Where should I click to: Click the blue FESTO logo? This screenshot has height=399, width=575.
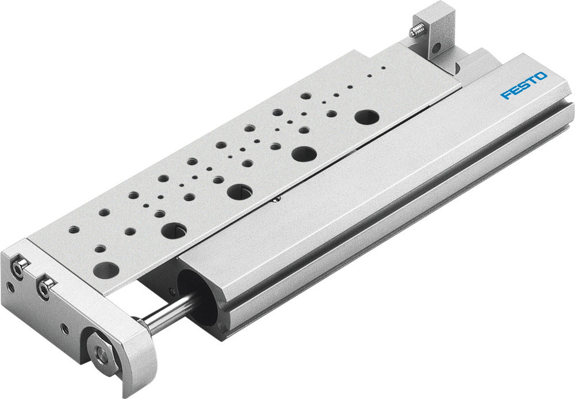click(x=524, y=85)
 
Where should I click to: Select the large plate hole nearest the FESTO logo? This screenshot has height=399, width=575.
click(x=366, y=117)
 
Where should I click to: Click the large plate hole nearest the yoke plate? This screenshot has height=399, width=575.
click(x=106, y=269)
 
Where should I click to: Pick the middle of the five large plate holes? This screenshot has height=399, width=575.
click(x=239, y=192)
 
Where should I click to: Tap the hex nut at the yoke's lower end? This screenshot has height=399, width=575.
click(x=102, y=356)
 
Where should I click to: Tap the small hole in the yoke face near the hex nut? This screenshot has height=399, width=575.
click(x=64, y=329)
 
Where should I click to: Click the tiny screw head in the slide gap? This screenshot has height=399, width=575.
click(x=277, y=199)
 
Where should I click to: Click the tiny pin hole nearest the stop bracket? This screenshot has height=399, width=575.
click(x=384, y=67)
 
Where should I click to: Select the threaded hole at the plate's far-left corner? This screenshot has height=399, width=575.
click(x=74, y=230)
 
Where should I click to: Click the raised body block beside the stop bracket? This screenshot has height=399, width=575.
click(x=482, y=58)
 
